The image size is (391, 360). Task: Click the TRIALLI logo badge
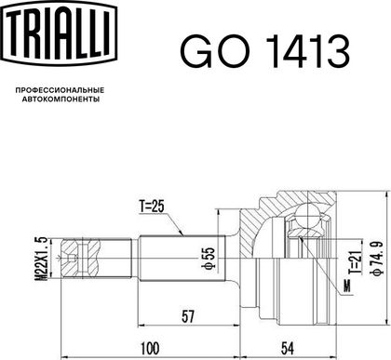(x=59, y=33)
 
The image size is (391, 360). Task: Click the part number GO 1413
(x=265, y=52)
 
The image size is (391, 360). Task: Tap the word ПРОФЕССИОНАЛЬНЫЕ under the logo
(x=60, y=90)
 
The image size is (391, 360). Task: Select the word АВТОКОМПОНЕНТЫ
(x=61, y=100)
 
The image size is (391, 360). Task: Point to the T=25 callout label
(x=151, y=207)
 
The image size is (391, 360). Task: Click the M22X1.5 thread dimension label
(x=41, y=259)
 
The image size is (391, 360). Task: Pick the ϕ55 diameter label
(x=209, y=258)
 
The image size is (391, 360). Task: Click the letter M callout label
(x=347, y=286)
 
